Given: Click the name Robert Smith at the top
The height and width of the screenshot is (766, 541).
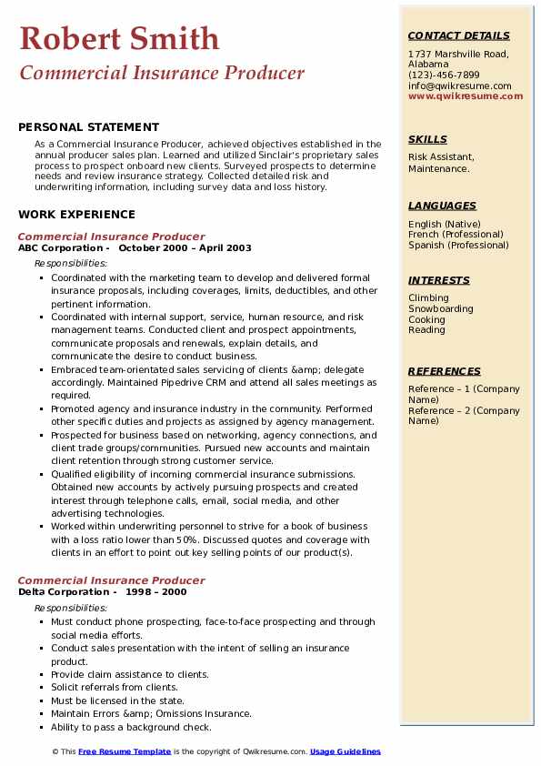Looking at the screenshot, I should coord(118,38).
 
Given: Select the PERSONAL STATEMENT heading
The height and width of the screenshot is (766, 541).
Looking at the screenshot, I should coord(88,127).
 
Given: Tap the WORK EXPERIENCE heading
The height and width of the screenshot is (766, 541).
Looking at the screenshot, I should coord(76,215).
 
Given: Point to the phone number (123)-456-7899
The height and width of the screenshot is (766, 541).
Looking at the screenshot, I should coord(444,75).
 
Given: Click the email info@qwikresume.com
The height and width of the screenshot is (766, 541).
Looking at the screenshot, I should coord(459,86).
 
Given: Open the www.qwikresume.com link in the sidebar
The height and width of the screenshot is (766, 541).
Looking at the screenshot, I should coord(459,96).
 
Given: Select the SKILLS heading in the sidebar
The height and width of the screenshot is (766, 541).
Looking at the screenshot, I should coord(427,139).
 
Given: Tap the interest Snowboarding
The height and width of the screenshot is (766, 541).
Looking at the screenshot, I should coord(440,309).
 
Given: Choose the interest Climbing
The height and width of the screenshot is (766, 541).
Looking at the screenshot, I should coord(428,298).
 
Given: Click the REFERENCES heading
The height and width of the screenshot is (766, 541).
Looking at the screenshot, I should coord(445,371).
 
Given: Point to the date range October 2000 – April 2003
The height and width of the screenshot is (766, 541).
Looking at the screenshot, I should coord(185,247).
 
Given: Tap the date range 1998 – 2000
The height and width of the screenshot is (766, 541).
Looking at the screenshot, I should coord(156,591).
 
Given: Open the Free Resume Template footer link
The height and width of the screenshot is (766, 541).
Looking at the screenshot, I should coord(124,751).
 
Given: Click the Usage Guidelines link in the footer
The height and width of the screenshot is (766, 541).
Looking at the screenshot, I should coord(345,751).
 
